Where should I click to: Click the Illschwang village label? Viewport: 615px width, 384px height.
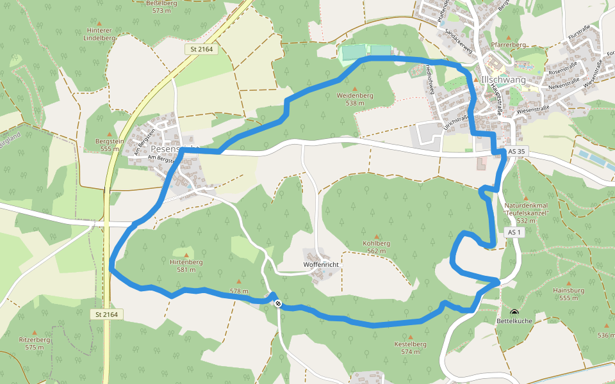tap(503, 79)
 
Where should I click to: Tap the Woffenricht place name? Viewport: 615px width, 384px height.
tap(320, 264)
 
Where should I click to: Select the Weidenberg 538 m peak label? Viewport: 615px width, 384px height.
tap(355, 99)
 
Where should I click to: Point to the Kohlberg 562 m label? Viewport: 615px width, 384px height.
tap(376, 247)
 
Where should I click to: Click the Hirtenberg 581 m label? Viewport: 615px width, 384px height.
tap(186, 266)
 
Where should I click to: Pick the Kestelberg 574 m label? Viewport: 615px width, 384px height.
tap(411, 348)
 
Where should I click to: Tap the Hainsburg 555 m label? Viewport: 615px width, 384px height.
tap(568, 294)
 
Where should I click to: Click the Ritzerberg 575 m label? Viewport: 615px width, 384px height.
tap(35, 343)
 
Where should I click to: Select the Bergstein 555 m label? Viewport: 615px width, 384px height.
tap(110, 144)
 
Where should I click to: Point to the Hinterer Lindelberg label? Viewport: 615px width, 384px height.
tap(99, 34)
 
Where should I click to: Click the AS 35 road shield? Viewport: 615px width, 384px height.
tap(516, 152)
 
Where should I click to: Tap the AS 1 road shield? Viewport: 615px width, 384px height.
tap(514, 232)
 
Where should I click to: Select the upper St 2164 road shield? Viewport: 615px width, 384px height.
tap(202, 49)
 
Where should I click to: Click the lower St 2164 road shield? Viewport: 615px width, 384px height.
tap(106, 314)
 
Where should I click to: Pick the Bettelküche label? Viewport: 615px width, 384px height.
tap(514, 321)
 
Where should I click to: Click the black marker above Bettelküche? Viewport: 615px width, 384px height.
tap(514, 312)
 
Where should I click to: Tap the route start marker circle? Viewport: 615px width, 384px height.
tap(277, 303)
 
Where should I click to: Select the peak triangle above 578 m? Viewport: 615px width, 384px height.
tap(240, 281)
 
